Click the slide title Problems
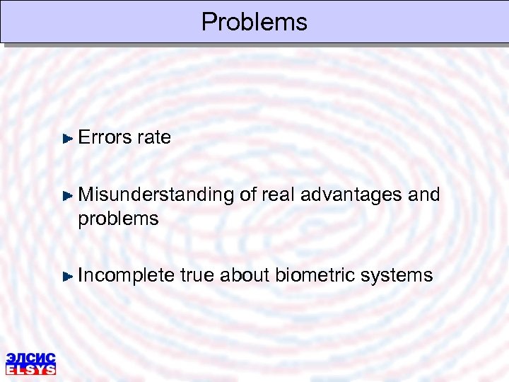(x=255, y=22)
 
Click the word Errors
(x=105, y=137)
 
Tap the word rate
(x=154, y=137)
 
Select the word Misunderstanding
(x=156, y=195)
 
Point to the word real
(x=279, y=195)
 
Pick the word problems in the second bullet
(x=118, y=219)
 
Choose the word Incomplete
(x=126, y=275)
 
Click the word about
(x=244, y=275)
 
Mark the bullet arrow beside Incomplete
(x=68, y=276)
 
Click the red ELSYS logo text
(x=30, y=369)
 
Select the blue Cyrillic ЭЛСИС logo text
(x=30, y=358)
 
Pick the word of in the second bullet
(x=247, y=195)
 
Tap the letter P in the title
(x=209, y=22)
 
